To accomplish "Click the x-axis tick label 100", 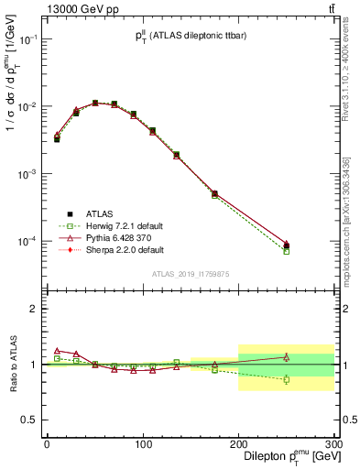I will point(143,444).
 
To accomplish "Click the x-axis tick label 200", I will point(238,444).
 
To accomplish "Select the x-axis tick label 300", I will point(333,444).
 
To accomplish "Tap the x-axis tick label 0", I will point(47,444).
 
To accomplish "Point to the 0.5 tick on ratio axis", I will point(32,420).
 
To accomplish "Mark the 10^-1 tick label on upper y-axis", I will point(29,39).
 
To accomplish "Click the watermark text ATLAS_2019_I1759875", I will point(190,273).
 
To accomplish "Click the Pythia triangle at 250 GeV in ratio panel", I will point(286,357).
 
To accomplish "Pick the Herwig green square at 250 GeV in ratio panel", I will point(286,379).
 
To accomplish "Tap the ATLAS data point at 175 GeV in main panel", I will point(214,193).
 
